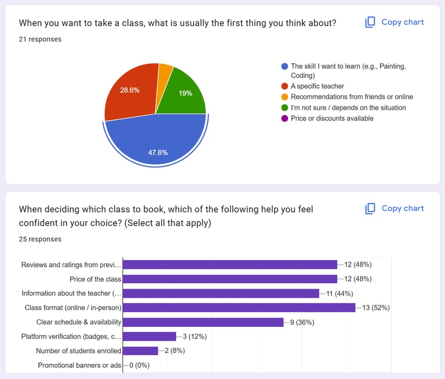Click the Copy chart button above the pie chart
(x=395, y=22)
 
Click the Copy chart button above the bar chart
(x=395, y=209)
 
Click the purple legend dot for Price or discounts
(x=284, y=119)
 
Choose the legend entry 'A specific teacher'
(x=317, y=86)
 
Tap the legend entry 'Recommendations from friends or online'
(x=352, y=97)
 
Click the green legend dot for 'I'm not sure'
(x=284, y=108)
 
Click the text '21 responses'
(x=40, y=39)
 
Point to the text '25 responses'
(x=40, y=239)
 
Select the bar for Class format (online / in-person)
(x=239, y=308)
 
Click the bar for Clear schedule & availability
(x=203, y=322)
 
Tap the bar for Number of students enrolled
(x=141, y=351)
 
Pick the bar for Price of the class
(x=230, y=279)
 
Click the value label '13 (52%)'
(x=376, y=308)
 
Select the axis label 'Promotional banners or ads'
(x=79, y=365)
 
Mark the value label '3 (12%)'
(x=195, y=336)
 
